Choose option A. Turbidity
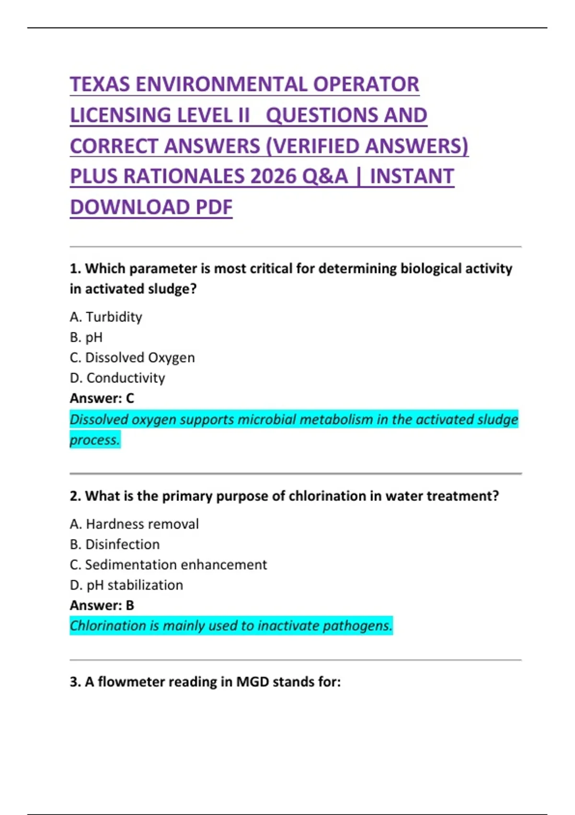[x=106, y=317]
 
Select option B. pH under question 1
[x=86, y=338]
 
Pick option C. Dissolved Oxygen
[x=132, y=358]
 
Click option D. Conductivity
[x=117, y=378]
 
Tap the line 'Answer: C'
[x=102, y=398]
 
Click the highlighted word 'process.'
[x=95, y=440]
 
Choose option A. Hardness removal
[x=134, y=524]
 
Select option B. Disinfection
[x=115, y=544]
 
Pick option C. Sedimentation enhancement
[x=168, y=565]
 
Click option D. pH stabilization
[x=126, y=585]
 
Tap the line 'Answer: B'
[x=102, y=605]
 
